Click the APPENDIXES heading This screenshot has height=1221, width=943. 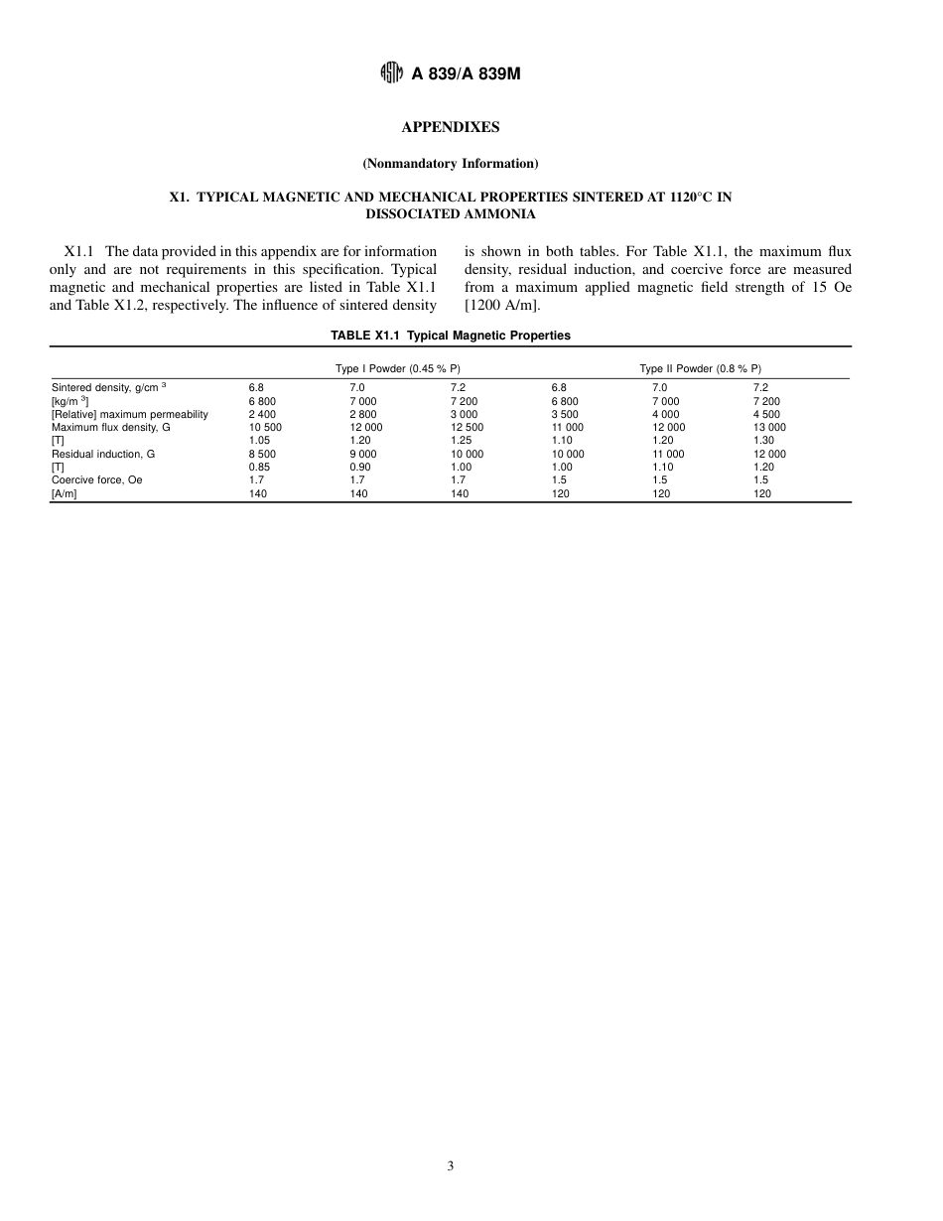click(450, 127)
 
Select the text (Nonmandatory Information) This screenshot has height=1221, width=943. click(450, 163)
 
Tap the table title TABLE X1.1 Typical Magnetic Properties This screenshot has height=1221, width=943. click(451, 336)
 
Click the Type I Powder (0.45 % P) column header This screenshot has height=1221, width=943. click(398, 368)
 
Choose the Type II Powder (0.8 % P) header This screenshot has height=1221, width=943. click(700, 368)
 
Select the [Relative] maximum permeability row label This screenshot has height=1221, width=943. click(130, 414)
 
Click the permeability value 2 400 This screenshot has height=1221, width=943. click(262, 414)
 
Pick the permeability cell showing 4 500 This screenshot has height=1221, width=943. click(766, 414)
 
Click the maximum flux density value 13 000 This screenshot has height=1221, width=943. click(769, 427)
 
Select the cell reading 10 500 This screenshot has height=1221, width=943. click(265, 427)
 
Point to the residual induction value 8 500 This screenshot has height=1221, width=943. click(262, 454)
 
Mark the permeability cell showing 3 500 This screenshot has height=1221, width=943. click(565, 414)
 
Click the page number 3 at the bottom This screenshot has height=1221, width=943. click(451, 1166)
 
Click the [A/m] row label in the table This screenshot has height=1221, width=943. click(64, 493)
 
